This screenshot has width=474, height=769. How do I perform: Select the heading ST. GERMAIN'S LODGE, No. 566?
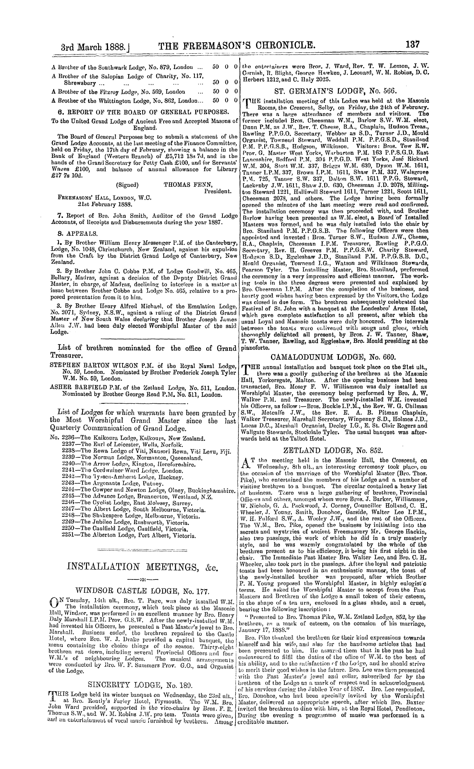pyautogui.click(x=334, y=90)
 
